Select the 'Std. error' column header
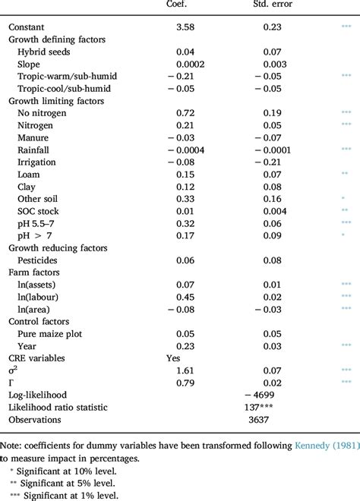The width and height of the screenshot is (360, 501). (x=271, y=5)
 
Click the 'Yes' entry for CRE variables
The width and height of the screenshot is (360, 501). (x=173, y=358)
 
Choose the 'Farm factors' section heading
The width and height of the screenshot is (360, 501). (x=38, y=273)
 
